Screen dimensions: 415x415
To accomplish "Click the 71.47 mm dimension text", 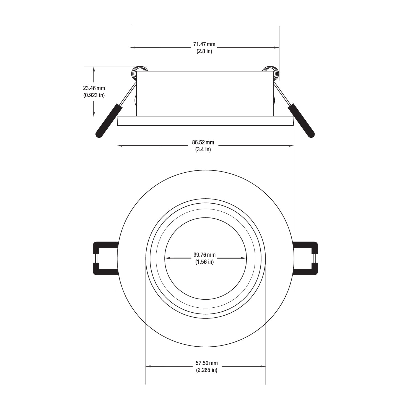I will coord(204,44).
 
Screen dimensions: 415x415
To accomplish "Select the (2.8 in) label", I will coord(204,51).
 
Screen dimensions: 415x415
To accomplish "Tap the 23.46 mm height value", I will coord(94,88).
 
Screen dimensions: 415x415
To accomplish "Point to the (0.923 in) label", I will coord(94,95).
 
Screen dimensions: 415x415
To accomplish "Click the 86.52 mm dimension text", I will coord(203,143).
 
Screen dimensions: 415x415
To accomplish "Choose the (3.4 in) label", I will coord(203,150).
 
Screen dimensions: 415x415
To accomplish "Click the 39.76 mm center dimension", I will coord(204,255).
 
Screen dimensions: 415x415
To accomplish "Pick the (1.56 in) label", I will coord(204,262).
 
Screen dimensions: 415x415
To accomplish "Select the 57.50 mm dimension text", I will coord(207,363).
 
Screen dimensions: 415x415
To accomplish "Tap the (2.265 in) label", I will coord(207,370).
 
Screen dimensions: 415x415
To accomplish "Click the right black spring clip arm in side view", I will coord(301,121).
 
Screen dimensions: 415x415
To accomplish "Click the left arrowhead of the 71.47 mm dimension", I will coord(133,48).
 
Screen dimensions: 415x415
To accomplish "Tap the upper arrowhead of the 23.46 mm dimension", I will coord(94,69).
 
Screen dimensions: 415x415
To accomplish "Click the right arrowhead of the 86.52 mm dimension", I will coord(291,146).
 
